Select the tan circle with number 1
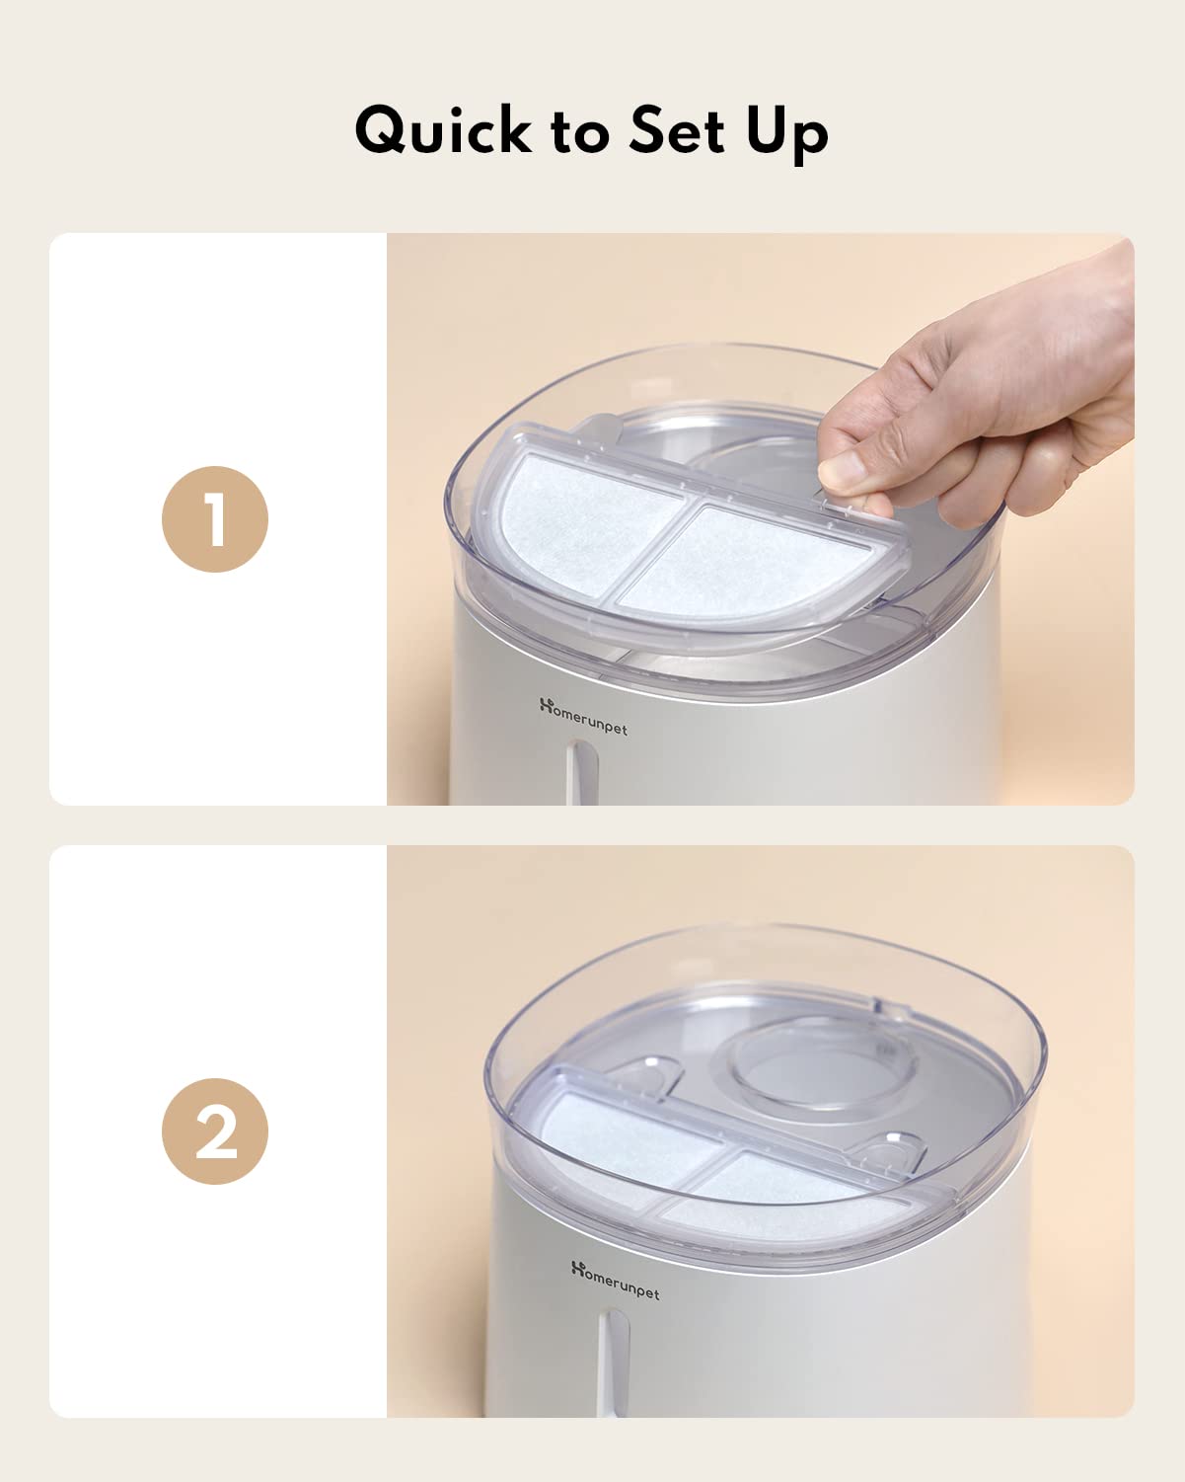coord(215,519)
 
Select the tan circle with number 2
coord(215,1131)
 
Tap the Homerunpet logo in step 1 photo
coord(583,717)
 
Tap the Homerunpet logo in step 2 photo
coord(615,1280)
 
